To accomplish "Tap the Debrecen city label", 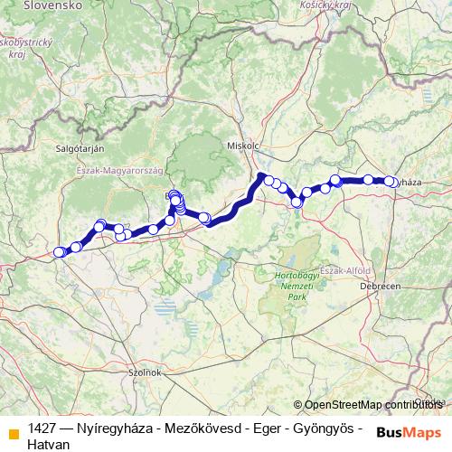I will coord(381,286).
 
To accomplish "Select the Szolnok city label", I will coord(144,372).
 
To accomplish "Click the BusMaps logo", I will coord(410,432).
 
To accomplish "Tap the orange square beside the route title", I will coord(13,432).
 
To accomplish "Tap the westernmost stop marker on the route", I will coord(60,252).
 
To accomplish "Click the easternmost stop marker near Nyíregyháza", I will coord(390,182).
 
